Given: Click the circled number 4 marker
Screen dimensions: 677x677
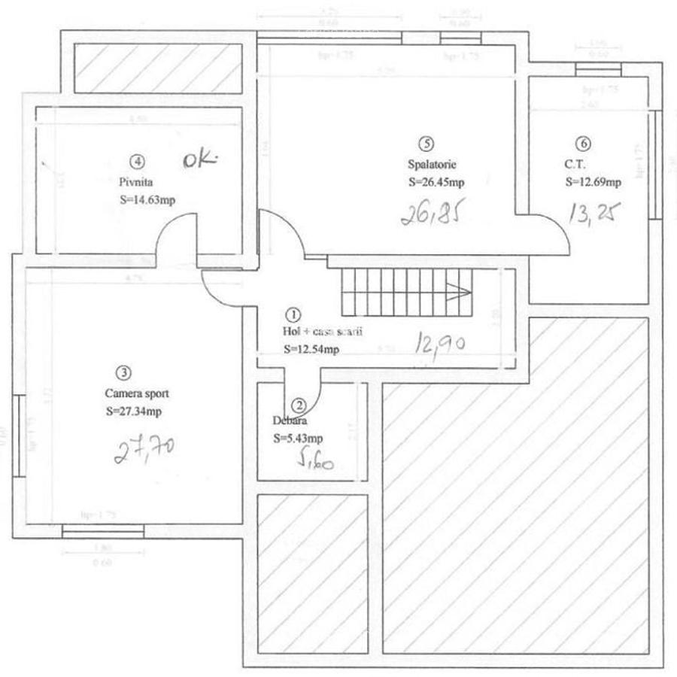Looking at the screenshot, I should click(136, 160).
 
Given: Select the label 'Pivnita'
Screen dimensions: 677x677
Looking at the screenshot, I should click(135, 181).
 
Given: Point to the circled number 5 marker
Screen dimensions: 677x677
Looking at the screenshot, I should click(427, 142).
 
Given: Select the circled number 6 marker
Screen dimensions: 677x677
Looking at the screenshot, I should click(584, 143).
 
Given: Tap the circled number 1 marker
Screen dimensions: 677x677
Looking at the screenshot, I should click(294, 313).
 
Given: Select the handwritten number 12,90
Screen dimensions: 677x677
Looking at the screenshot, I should click(442, 344).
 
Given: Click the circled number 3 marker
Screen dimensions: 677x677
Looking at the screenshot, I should click(123, 372).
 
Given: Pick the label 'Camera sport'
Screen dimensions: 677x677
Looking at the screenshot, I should click(138, 393).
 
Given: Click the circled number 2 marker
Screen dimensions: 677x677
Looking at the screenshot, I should click(299, 405).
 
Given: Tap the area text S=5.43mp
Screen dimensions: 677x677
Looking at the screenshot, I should click(299, 439).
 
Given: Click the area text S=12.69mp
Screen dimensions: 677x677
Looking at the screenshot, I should click(593, 182).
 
